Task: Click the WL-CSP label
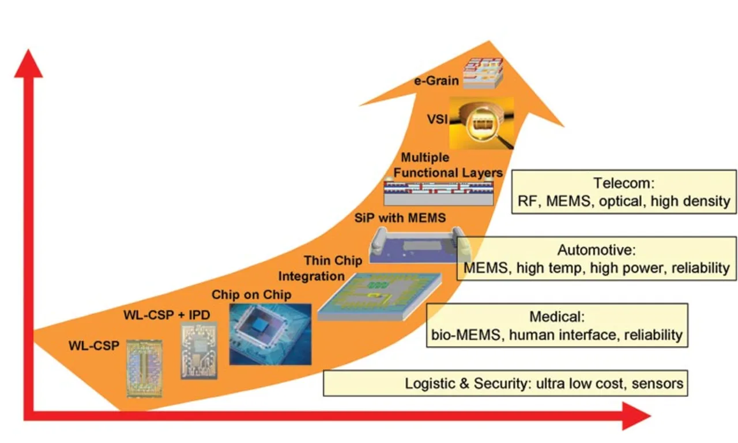(93, 346)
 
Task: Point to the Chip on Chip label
(251, 295)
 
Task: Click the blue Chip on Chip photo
(270, 334)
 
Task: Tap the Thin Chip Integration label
(325, 268)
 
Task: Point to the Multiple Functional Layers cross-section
(438, 192)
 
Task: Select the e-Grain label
(438, 80)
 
